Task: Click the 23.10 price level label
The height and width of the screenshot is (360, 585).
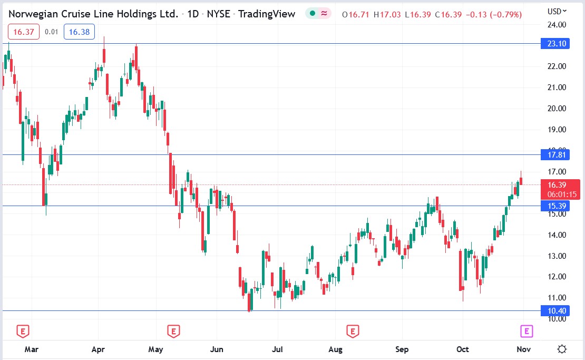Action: pyautogui.click(x=555, y=44)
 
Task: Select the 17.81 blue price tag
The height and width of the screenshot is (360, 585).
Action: pyautogui.click(x=555, y=154)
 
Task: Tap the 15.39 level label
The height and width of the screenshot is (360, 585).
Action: pyautogui.click(x=555, y=206)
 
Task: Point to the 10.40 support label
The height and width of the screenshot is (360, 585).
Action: pyautogui.click(x=555, y=311)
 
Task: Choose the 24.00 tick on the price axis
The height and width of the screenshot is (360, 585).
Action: pyautogui.click(x=557, y=24)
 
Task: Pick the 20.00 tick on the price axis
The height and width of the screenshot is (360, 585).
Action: pyautogui.click(x=557, y=109)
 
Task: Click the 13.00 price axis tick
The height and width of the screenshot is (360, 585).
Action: pyautogui.click(x=557, y=256)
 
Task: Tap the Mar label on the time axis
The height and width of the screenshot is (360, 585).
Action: pyautogui.click(x=32, y=349)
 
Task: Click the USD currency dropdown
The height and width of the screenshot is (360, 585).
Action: pyautogui.click(x=557, y=11)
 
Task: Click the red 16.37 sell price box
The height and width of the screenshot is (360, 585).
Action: pyautogui.click(x=24, y=32)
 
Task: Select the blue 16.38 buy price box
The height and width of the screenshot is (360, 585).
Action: pyautogui.click(x=79, y=32)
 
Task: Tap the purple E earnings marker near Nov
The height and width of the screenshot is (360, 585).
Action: pyautogui.click(x=526, y=331)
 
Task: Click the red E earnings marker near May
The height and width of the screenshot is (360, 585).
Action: pyautogui.click(x=173, y=331)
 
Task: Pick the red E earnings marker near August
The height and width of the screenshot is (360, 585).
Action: pyautogui.click(x=352, y=331)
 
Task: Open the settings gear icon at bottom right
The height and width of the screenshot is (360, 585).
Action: pyautogui.click(x=562, y=349)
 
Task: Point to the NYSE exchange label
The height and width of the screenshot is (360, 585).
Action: pyautogui.click(x=218, y=14)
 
